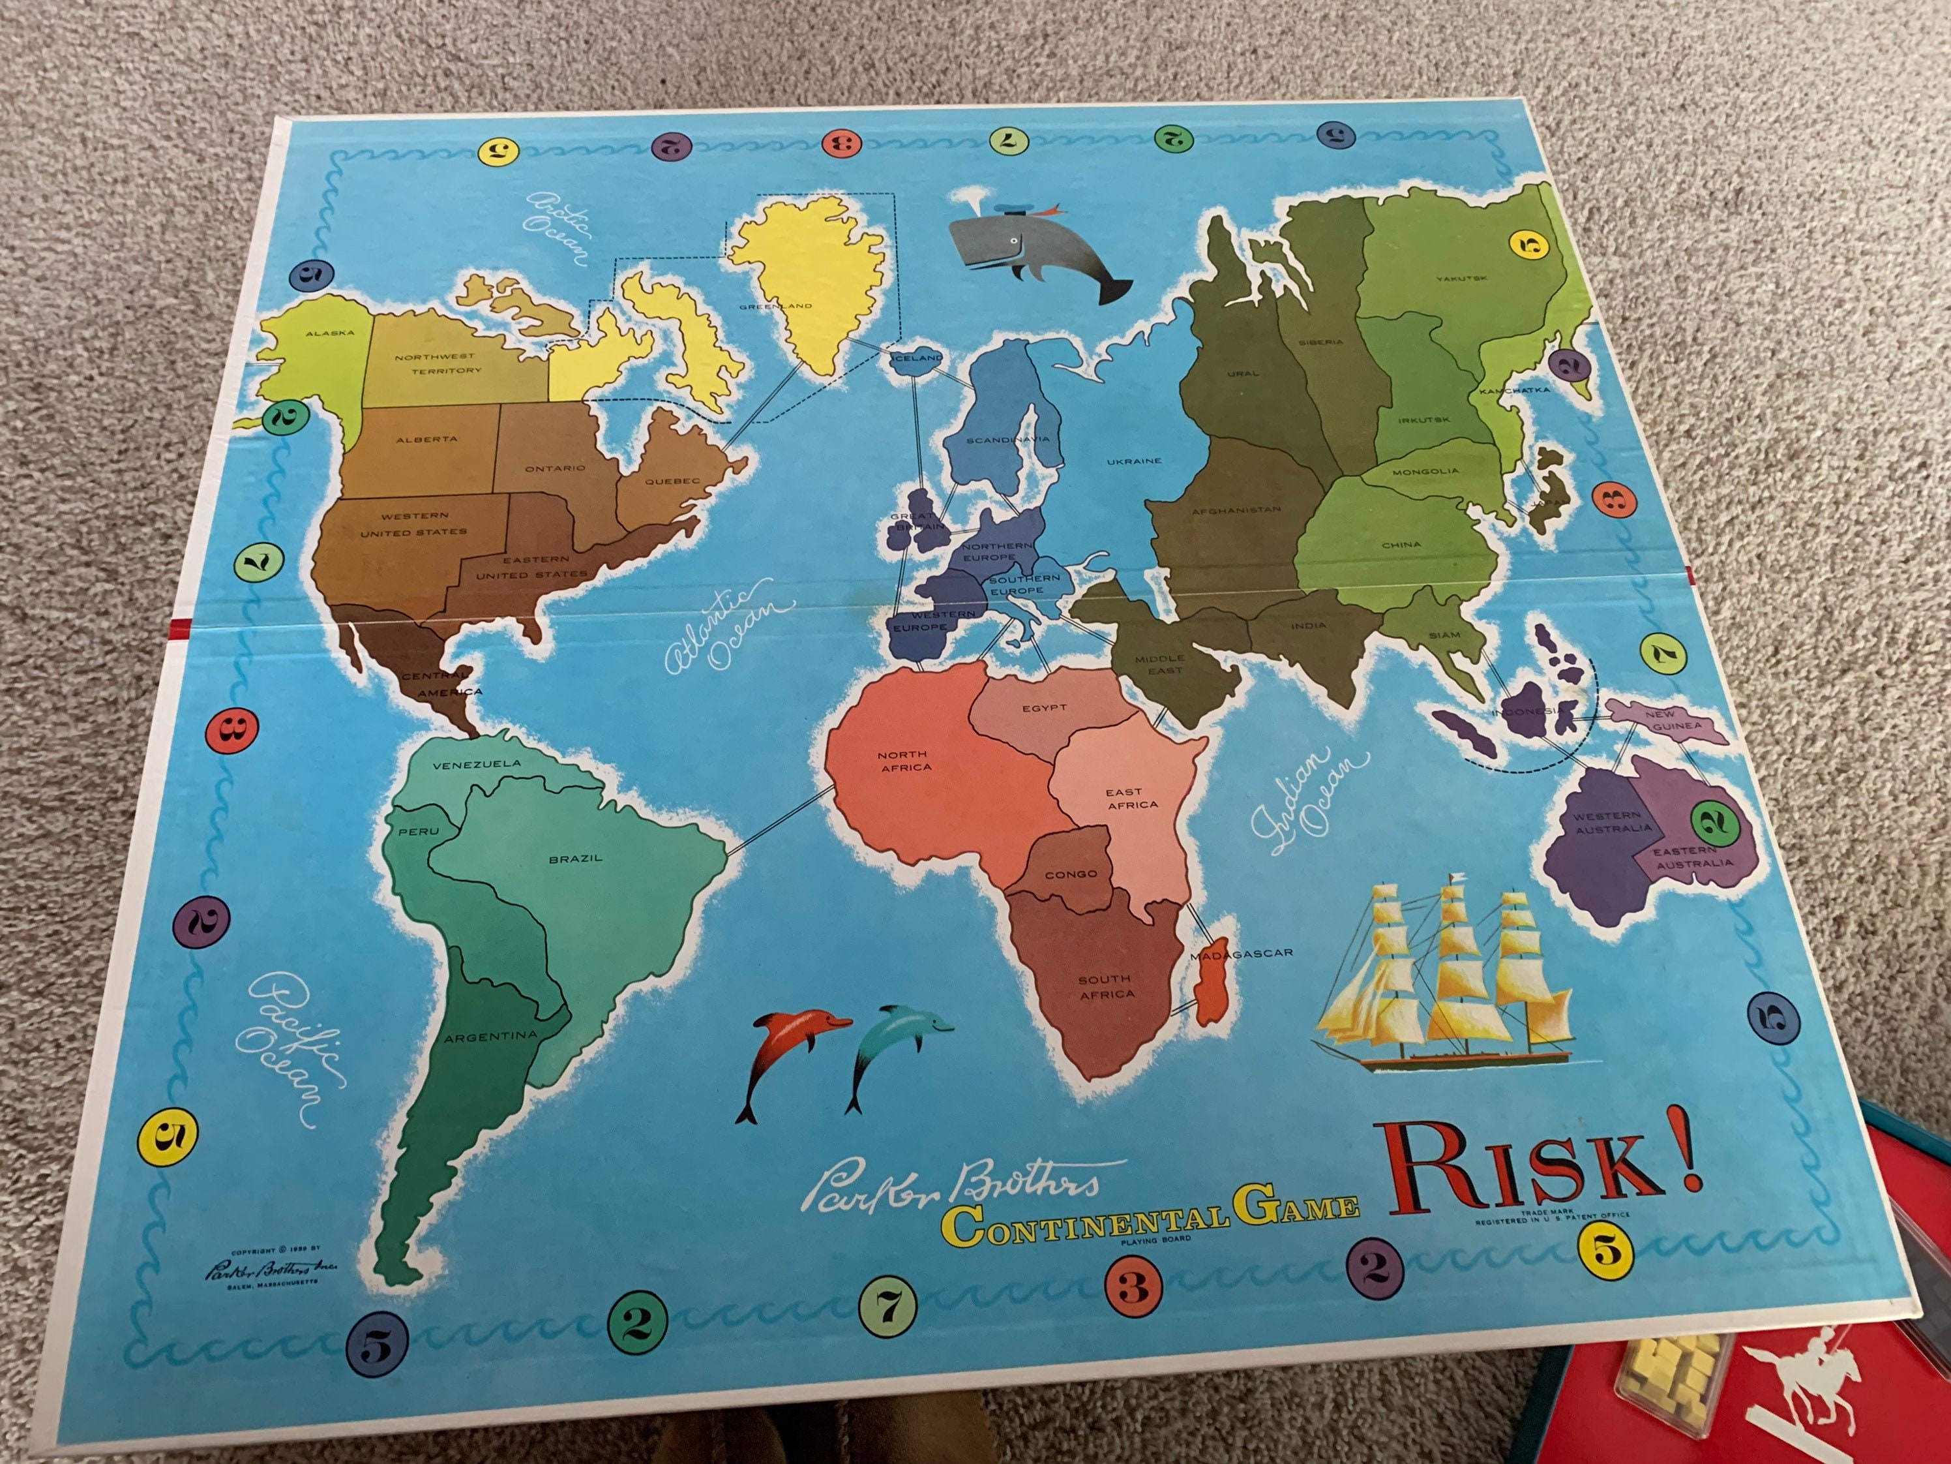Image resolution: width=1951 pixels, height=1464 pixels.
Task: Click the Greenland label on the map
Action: pyautogui.click(x=775, y=306)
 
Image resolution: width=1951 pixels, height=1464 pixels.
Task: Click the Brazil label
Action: pyautogui.click(x=575, y=858)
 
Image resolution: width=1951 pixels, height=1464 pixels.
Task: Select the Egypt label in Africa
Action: pyautogui.click(x=1045, y=708)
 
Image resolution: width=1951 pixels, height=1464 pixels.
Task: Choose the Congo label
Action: pyautogui.click(x=1071, y=874)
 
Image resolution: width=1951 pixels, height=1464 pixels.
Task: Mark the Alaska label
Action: pyautogui.click(x=330, y=333)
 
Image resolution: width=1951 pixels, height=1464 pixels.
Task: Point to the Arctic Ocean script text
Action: pyautogui.click(x=556, y=226)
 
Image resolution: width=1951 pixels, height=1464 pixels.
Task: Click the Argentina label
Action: pyautogui.click(x=490, y=1037)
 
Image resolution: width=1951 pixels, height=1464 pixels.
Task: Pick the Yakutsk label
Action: pyautogui.click(x=1461, y=279)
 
